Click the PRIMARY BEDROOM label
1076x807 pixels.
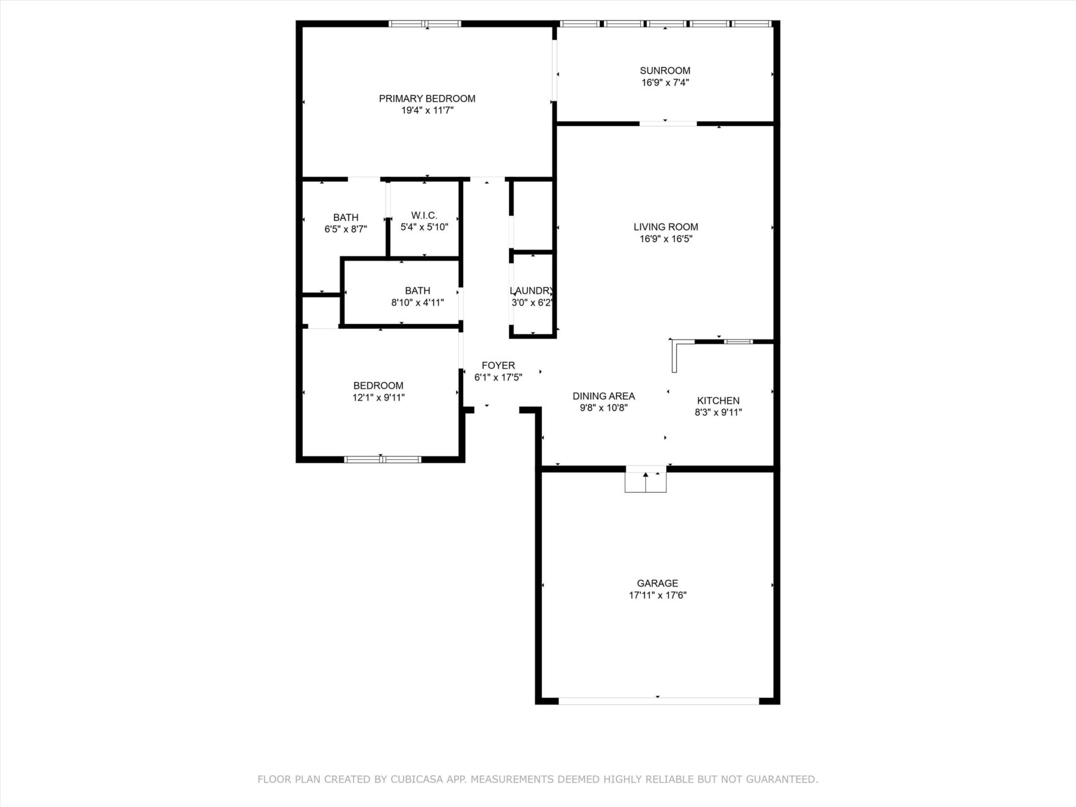pos(427,99)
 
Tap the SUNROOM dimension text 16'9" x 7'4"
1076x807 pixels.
pos(665,83)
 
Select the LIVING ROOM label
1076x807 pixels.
pos(666,227)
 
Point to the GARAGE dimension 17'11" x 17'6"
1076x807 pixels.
pos(658,595)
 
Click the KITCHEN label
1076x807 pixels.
pos(718,401)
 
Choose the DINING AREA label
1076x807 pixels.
pos(604,397)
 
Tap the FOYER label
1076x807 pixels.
pos(498,366)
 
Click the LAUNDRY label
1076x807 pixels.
pos(531,291)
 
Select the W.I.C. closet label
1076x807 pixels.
pos(424,215)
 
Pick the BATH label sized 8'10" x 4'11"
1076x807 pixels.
pos(417,291)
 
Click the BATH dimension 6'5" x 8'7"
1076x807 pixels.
pos(346,229)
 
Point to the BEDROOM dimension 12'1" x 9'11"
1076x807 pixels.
pos(379,397)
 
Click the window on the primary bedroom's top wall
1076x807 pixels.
pos(425,24)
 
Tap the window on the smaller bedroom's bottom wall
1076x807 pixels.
pos(382,459)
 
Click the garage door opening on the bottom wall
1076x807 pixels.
pos(658,701)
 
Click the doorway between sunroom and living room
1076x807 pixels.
pos(668,124)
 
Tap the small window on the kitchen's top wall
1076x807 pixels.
pos(739,341)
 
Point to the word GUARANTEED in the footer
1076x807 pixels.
pos(784,779)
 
